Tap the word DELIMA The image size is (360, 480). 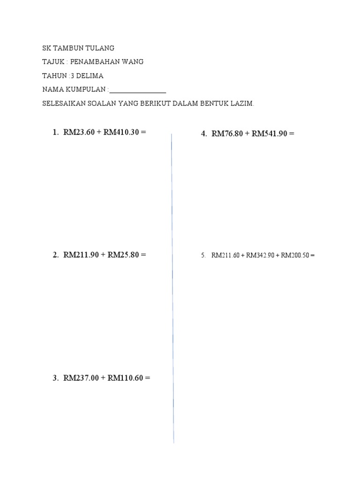[x=90, y=76]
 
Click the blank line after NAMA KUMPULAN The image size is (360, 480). [x=138, y=90]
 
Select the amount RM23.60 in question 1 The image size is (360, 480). [x=79, y=133]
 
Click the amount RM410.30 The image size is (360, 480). [x=121, y=133]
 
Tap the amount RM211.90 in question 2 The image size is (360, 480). [x=81, y=255]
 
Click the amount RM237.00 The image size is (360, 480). [x=81, y=378]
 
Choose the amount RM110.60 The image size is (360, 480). [x=125, y=378]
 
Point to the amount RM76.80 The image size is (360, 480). [x=227, y=134]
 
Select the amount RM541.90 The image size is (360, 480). [x=270, y=134]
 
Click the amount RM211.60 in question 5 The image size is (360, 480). [x=225, y=255]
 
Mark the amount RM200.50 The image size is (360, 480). [x=294, y=255]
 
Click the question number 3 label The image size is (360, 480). [x=55, y=378]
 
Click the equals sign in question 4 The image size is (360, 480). [x=292, y=134]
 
